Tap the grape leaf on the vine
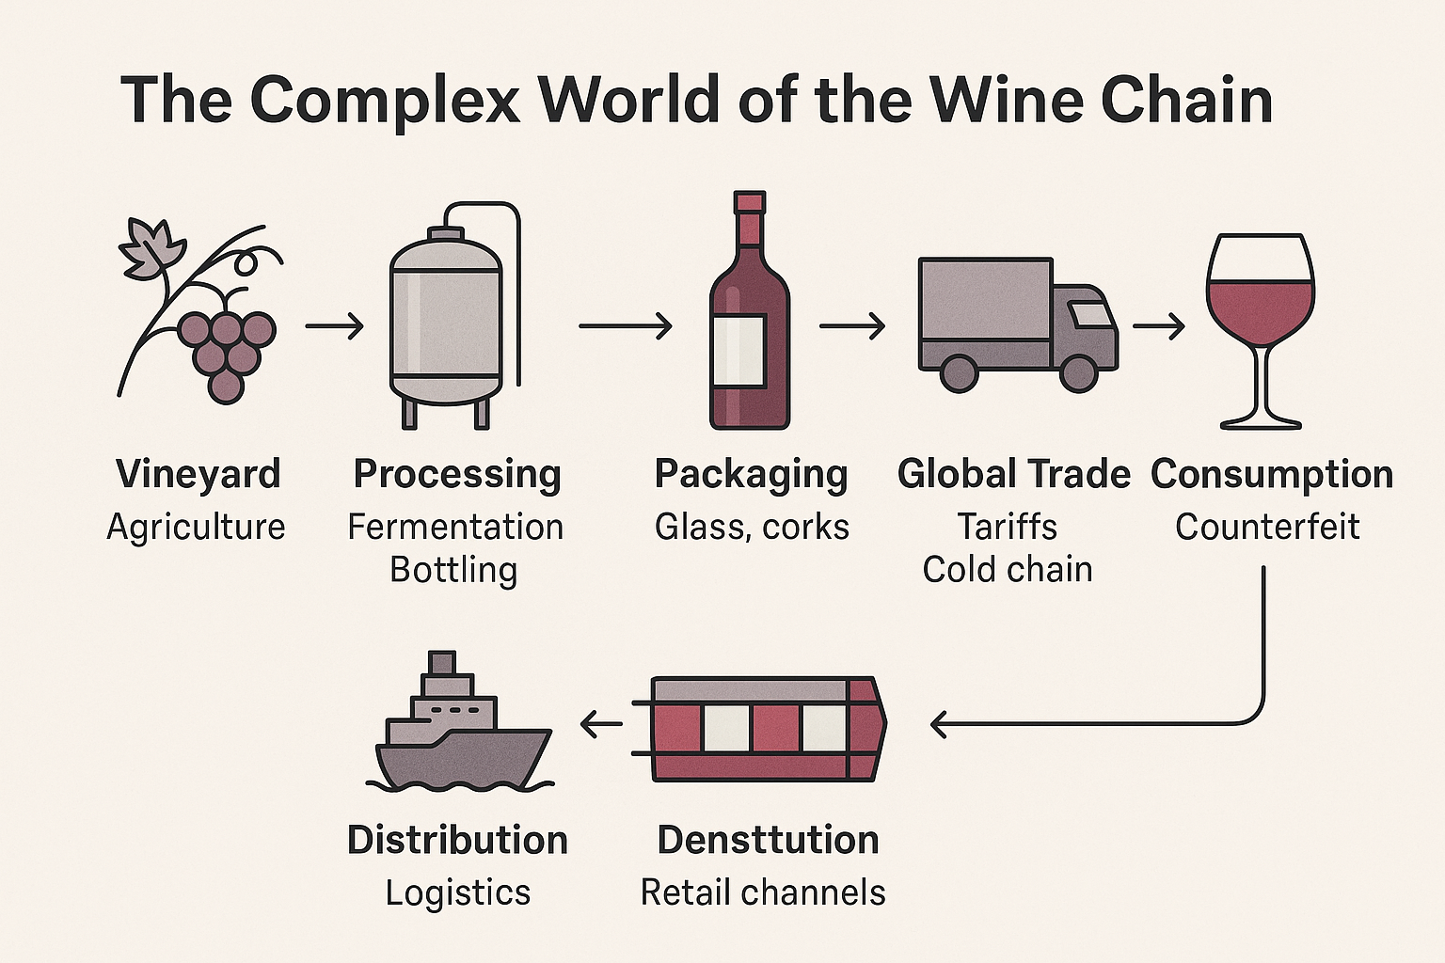click(x=149, y=248)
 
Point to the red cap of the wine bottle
click(x=750, y=203)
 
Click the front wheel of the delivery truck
click(x=1078, y=372)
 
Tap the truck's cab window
click(x=1091, y=314)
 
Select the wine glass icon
click(x=1260, y=329)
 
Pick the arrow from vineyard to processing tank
click(x=335, y=326)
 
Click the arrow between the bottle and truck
click(x=852, y=326)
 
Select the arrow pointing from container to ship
click(x=602, y=724)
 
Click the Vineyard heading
click(x=198, y=474)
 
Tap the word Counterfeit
click(x=1267, y=527)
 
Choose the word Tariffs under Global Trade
click(x=1007, y=527)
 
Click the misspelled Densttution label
click(x=768, y=840)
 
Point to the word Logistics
click(x=458, y=893)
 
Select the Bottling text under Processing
click(x=453, y=570)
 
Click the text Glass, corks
click(x=752, y=527)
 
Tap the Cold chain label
click(x=1008, y=570)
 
